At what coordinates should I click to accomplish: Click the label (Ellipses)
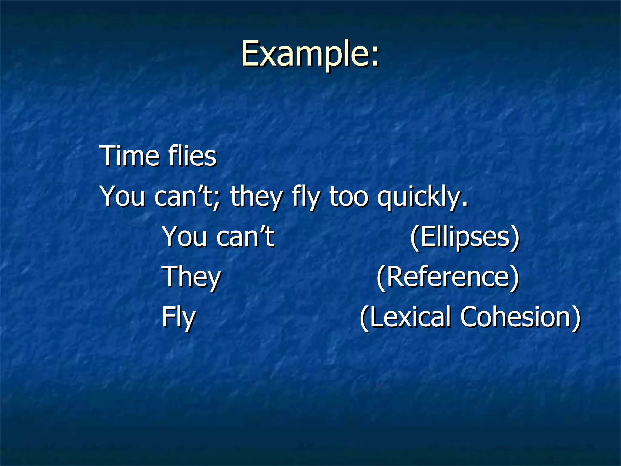tap(465, 237)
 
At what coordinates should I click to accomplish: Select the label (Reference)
tap(448, 277)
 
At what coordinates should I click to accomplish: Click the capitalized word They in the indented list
tap(191, 277)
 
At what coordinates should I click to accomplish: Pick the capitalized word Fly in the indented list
tap(178, 318)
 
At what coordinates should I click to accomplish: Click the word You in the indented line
tap(184, 237)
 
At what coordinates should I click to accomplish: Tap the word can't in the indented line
tap(245, 237)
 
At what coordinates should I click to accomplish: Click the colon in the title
tap(375, 58)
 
